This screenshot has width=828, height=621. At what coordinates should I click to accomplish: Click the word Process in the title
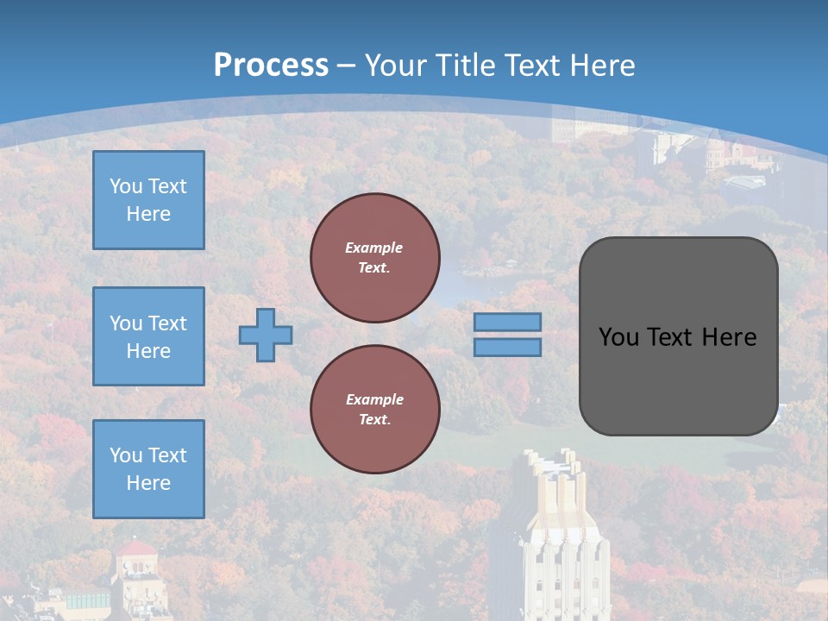(271, 65)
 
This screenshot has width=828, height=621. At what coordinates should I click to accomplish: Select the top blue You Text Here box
(148, 200)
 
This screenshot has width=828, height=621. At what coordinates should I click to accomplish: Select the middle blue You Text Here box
(148, 336)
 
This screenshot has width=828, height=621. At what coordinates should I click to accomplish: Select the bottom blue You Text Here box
(148, 469)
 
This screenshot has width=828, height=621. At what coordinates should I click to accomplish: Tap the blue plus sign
(266, 335)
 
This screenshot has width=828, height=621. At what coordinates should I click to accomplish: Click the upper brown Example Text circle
(375, 257)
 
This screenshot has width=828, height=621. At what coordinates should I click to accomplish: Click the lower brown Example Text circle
(375, 409)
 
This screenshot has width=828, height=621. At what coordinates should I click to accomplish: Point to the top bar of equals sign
(507, 322)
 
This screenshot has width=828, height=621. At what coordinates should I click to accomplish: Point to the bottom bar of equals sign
(507, 348)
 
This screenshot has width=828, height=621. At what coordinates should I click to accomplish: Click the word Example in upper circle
(373, 248)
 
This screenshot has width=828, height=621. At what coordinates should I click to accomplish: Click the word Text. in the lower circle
(374, 420)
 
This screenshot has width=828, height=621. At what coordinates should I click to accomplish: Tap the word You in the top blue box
(126, 186)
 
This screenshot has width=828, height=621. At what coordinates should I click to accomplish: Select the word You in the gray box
(618, 337)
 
